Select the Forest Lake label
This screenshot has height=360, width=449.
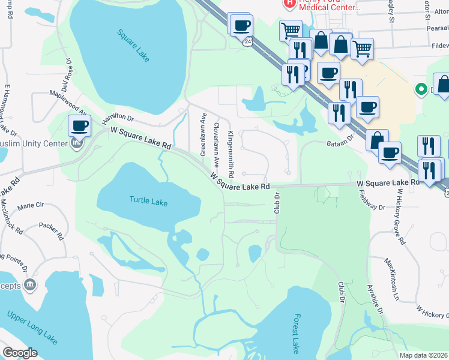click(295, 333)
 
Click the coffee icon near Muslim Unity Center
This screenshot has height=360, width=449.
click(79, 126)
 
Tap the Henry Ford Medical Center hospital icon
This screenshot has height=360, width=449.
click(290, 3)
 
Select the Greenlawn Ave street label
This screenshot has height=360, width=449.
click(203, 134)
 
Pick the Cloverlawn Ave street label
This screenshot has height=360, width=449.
click(217, 142)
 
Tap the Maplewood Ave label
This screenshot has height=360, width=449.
click(68, 101)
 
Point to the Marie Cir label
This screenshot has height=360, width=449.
click(31, 205)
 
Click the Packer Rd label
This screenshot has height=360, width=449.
click(52, 229)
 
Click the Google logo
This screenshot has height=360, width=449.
click(20, 353)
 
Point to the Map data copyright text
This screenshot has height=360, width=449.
click(423, 355)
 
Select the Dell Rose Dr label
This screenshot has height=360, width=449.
click(65, 76)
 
